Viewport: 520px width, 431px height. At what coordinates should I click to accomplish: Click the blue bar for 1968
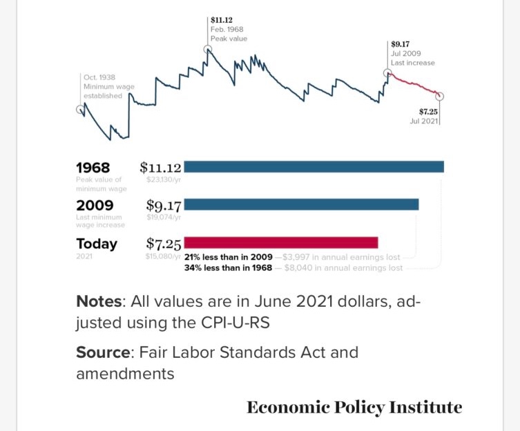pos(314,167)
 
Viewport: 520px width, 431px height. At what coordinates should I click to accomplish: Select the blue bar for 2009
pos(301,204)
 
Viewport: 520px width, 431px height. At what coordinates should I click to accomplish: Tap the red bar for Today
pos(281,242)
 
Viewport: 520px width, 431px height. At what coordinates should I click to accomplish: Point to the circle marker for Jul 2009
pos(388,73)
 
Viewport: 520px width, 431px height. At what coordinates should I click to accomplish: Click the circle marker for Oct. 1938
pos(80,109)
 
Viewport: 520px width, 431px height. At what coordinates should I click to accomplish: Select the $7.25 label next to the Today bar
pos(164,243)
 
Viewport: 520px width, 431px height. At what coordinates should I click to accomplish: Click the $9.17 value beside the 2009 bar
pos(164,205)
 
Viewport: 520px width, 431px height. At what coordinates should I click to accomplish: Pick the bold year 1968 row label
pos(93,167)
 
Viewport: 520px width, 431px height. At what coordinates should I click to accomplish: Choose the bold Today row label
pos(97,243)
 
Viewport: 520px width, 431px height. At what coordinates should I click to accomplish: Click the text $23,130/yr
pos(163,179)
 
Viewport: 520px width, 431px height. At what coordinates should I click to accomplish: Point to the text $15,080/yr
pos(163,257)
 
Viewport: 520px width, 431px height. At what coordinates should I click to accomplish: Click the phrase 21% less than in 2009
pos(228,257)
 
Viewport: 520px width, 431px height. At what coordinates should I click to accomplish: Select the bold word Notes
pos(99,302)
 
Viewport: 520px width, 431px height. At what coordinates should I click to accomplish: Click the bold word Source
pos(103,352)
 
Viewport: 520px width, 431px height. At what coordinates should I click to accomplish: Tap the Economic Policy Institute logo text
pos(354,407)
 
